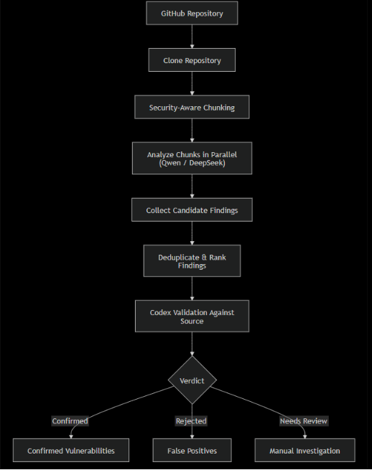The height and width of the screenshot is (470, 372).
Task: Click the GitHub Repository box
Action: tap(192, 13)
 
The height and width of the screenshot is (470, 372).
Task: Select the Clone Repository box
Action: tap(192, 60)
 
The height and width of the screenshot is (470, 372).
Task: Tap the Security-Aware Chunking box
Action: tap(192, 107)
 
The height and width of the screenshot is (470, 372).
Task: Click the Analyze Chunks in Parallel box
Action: tap(192, 159)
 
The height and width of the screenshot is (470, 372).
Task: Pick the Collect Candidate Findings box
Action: tap(192, 210)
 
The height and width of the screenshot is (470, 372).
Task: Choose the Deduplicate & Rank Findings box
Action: tap(192, 260)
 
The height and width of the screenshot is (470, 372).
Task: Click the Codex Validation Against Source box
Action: tap(192, 316)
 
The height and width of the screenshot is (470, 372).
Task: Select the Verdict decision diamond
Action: tap(192, 380)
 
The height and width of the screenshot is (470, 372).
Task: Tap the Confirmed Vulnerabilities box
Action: tap(71, 450)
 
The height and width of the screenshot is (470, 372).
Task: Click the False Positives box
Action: tap(192, 450)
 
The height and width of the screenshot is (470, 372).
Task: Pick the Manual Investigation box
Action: tap(304, 450)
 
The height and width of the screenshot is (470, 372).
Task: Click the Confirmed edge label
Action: tap(70, 420)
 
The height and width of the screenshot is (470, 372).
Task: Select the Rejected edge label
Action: tap(191, 420)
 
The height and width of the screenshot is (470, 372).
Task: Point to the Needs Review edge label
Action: tap(304, 420)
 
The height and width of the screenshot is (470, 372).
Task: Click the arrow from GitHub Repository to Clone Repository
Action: tap(192, 37)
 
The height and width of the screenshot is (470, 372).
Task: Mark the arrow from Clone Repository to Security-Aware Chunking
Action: tap(192, 84)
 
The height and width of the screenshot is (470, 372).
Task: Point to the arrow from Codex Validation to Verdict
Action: tap(192, 344)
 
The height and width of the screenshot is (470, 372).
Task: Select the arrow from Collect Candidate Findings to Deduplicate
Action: tap(192, 233)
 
